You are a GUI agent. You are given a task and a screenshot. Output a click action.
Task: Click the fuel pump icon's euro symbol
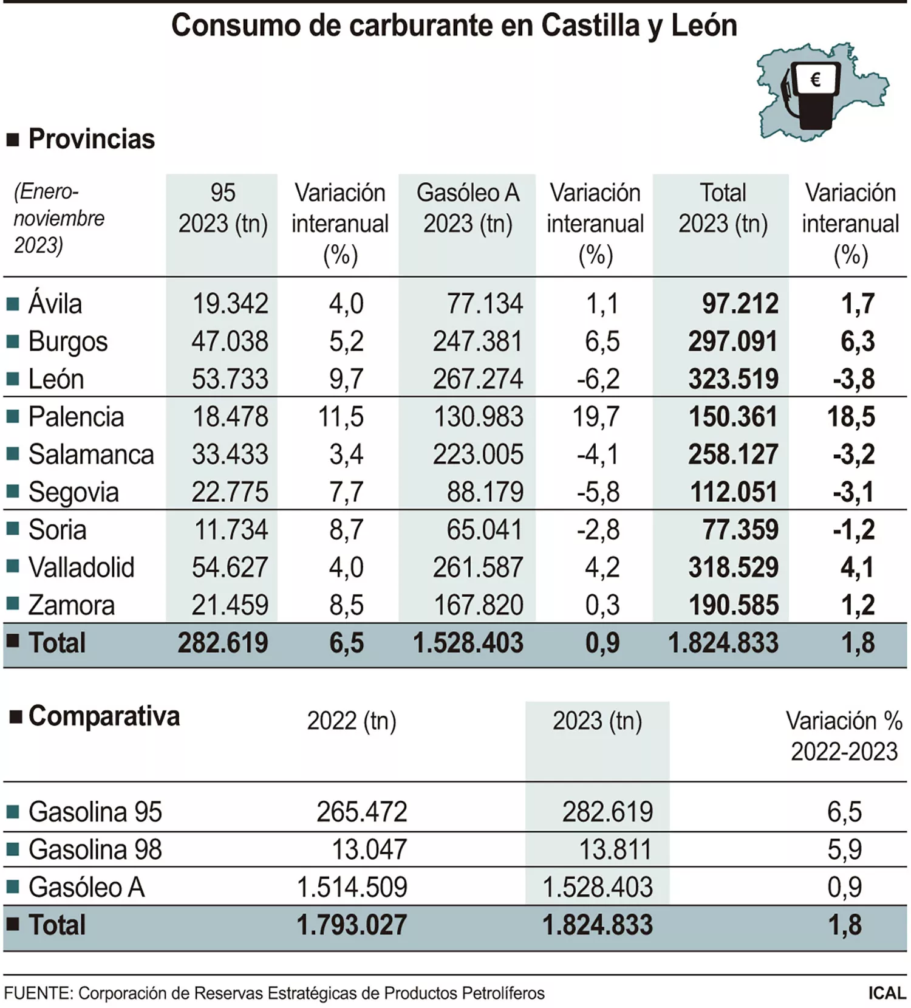pyautogui.click(x=816, y=80)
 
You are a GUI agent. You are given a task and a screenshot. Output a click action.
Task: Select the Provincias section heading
pyautogui.click(x=91, y=139)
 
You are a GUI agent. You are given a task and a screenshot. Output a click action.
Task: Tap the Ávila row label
pyautogui.click(x=55, y=304)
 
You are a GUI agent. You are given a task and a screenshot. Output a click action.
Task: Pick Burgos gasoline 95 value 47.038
pyautogui.click(x=230, y=341)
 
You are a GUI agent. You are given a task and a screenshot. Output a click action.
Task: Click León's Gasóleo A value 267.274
pyautogui.click(x=477, y=379)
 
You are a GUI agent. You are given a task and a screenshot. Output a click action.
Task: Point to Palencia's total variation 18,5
pyautogui.click(x=851, y=417)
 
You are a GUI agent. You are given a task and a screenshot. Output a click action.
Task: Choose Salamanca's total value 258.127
pyautogui.click(x=733, y=454)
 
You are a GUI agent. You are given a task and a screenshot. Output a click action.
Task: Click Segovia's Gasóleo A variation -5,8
pyautogui.click(x=598, y=492)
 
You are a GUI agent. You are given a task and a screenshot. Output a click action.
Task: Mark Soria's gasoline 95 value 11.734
pyautogui.click(x=231, y=530)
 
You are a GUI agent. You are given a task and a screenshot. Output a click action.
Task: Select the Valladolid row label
pyautogui.click(x=81, y=567)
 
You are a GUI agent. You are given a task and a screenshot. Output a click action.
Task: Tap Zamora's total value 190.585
pyautogui.click(x=733, y=605)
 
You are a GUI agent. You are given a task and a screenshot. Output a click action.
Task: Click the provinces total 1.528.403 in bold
pyautogui.click(x=468, y=643)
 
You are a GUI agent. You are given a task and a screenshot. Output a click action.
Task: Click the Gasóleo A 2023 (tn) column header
pyautogui.click(x=468, y=208)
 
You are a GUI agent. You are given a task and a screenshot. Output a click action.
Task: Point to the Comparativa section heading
pyautogui.click(x=104, y=716)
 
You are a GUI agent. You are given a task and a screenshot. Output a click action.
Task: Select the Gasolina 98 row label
pyautogui.click(x=95, y=849)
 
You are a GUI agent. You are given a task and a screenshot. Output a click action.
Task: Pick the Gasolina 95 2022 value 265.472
pyautogui.click(x=361, y=812)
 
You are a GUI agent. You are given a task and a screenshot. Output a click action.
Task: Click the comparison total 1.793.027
pyautogui.click(x=352, y=925)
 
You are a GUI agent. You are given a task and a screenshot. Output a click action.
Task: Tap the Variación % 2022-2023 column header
pyautogui.click(x=844, y=736)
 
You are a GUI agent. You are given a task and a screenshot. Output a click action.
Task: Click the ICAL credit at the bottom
pyautogui.click(x=887, y=993)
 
